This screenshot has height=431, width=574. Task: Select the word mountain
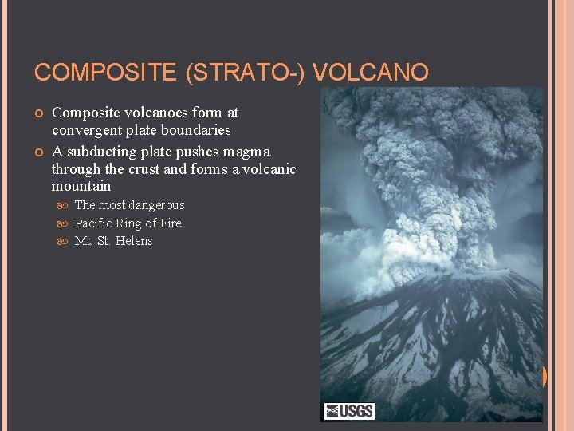point(81,187)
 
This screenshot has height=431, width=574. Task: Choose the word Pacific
point(93,223)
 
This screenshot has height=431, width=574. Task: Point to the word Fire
point(169,223)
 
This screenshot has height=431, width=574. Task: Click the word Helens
point(134,241)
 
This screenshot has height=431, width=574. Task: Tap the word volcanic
point(271,169)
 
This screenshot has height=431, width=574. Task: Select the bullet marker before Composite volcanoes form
point(39,113)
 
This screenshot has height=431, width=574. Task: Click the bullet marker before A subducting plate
point(39,152)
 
